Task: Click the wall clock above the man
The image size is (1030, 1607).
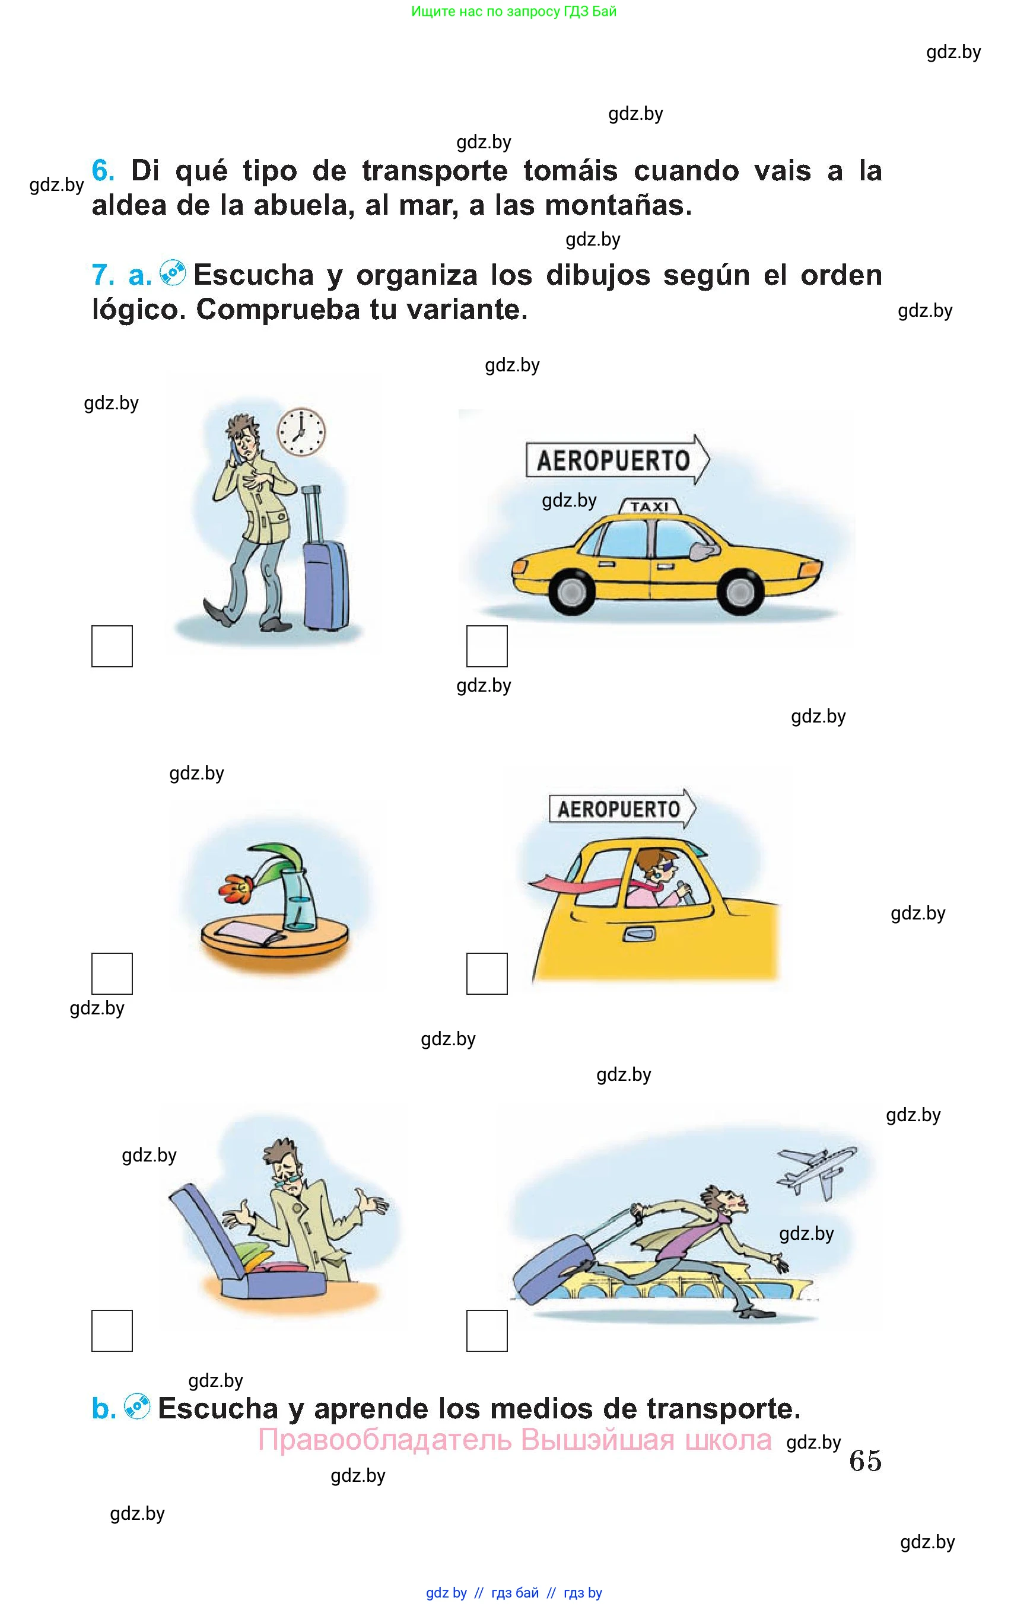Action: (x=301, y=431)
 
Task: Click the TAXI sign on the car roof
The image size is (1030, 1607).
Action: (x=648, y=506)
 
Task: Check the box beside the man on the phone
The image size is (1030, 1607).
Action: (x=112, y=646)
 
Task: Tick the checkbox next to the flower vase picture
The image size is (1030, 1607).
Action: (x=112, y=973)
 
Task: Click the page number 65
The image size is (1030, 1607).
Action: (x=866, y=1460)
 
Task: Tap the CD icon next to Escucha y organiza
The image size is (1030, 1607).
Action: (x=173, y=273)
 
